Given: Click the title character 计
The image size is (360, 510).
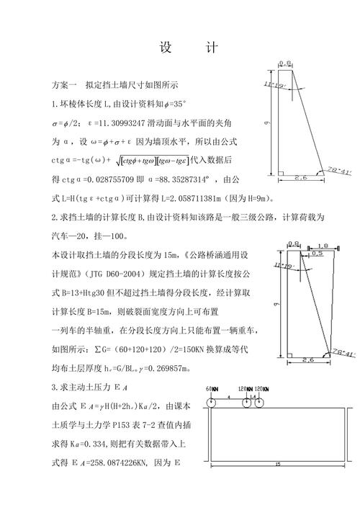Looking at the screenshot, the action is pyautogui.click(x=211, y=48).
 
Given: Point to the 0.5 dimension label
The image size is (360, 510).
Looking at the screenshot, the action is pyautogui.click(x=316, y=254).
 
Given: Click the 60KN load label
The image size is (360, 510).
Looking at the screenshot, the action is pyautogui.click(x=211, y=389).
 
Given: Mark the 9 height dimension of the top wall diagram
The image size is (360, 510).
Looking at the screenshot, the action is pyautogui.click(x=266, y=123).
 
